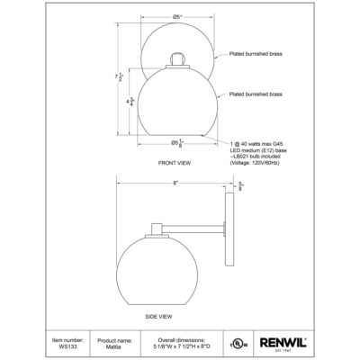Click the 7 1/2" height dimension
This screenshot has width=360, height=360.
(x=106, y=78)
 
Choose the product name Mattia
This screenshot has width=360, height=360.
(x=115, y=346)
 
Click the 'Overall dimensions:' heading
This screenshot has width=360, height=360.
(x=180, y=339)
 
